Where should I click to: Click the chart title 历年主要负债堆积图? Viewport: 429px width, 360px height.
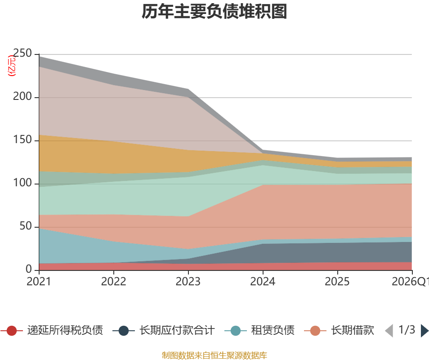[x=214, y=12]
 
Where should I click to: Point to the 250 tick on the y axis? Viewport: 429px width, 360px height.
[x=23, y=54]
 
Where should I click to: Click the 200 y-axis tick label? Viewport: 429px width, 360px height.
[x=23, y=97]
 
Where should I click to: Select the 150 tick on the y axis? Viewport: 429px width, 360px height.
[x=23, y=140]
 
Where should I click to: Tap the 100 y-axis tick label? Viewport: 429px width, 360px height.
[x=23, y=183]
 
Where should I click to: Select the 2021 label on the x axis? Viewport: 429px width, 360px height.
[x=39, y=282]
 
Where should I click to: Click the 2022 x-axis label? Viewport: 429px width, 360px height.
[x=113, y=282]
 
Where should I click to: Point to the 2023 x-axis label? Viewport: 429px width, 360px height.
[x=188, y=282]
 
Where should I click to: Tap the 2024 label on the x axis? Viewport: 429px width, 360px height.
[x=263, y=282]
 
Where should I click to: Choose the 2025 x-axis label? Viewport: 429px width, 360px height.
[x=337, y=282]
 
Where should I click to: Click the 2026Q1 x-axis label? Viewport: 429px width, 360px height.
[x=410, y=282]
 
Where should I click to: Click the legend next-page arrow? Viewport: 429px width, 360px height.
[x=424, y=331]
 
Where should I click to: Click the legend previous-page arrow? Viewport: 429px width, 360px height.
[x=389, y=331]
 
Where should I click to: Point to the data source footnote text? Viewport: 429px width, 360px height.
[x=214, y=355]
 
